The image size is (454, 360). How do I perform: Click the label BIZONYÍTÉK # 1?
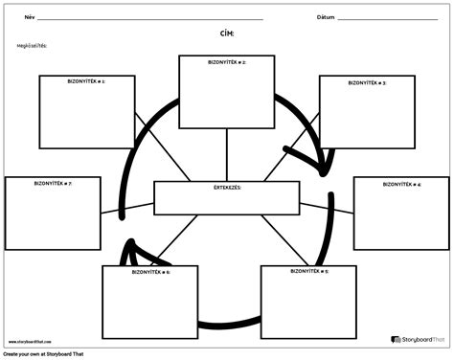86,81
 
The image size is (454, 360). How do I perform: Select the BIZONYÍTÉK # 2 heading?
227,61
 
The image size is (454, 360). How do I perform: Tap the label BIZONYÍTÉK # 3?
367,82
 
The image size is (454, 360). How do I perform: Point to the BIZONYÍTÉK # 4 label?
401,183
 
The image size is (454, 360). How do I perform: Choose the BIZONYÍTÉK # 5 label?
309,272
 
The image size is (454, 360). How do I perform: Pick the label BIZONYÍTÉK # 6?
150,272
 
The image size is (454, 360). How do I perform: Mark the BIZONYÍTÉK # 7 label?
53,183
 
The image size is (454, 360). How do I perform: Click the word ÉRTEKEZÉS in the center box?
227,188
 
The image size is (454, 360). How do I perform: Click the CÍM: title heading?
227,32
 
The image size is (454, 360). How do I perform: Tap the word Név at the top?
29,16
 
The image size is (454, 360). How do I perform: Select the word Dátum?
327,16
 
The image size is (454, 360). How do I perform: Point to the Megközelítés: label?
32,45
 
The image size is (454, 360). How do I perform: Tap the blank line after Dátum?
387,18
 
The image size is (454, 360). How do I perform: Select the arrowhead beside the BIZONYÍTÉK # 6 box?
127,253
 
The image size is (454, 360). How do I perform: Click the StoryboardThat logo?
419,339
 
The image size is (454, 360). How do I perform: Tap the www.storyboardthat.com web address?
33,340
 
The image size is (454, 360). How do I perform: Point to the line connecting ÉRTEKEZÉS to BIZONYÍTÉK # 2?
227,154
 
